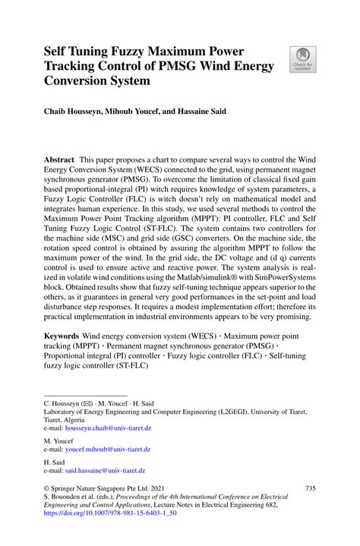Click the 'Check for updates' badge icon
point(303,59)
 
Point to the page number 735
point(309,488)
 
